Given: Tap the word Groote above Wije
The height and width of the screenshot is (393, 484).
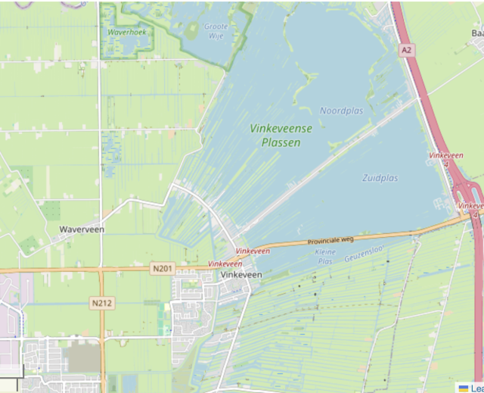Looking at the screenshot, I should (x=216, y=26).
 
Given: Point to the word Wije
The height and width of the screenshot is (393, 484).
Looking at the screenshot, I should (x=216, y=35).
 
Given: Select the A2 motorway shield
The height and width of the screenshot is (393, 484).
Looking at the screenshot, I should (x=408, y=50).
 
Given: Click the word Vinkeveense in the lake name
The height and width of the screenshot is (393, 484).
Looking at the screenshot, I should (x=281, y=129).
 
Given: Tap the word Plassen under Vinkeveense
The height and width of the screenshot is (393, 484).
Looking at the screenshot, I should (x=281, y=142).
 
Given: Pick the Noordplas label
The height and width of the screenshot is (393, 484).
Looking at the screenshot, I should (x=341, y=111).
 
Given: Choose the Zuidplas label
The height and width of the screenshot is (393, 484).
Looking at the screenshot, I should (x=380, y=178).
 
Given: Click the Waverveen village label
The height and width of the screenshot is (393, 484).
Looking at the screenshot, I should (x=82, y=229).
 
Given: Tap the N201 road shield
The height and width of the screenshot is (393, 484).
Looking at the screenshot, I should (x=162, y=268).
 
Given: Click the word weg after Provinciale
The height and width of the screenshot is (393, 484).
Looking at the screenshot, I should (x=346, y=239).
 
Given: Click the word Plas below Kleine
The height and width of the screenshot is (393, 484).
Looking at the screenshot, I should (x=324, y=260).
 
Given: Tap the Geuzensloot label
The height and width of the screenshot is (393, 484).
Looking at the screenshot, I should (x=364, y=254).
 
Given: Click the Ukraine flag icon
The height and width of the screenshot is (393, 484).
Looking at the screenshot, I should (x=464, y=388).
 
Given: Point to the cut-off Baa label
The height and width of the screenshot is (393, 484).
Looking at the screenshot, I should (x=477, y=33).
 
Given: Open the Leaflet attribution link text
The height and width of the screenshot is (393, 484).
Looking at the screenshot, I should (x=477, y=388).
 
